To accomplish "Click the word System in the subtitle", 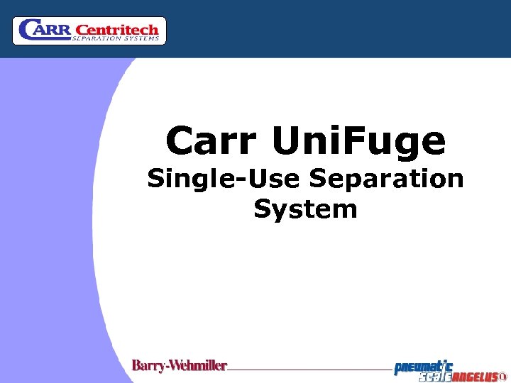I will [305, 209].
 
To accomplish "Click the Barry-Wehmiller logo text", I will [180, 366].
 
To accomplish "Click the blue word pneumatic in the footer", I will [424, 366].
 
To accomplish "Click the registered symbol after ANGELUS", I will [503, 377].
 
